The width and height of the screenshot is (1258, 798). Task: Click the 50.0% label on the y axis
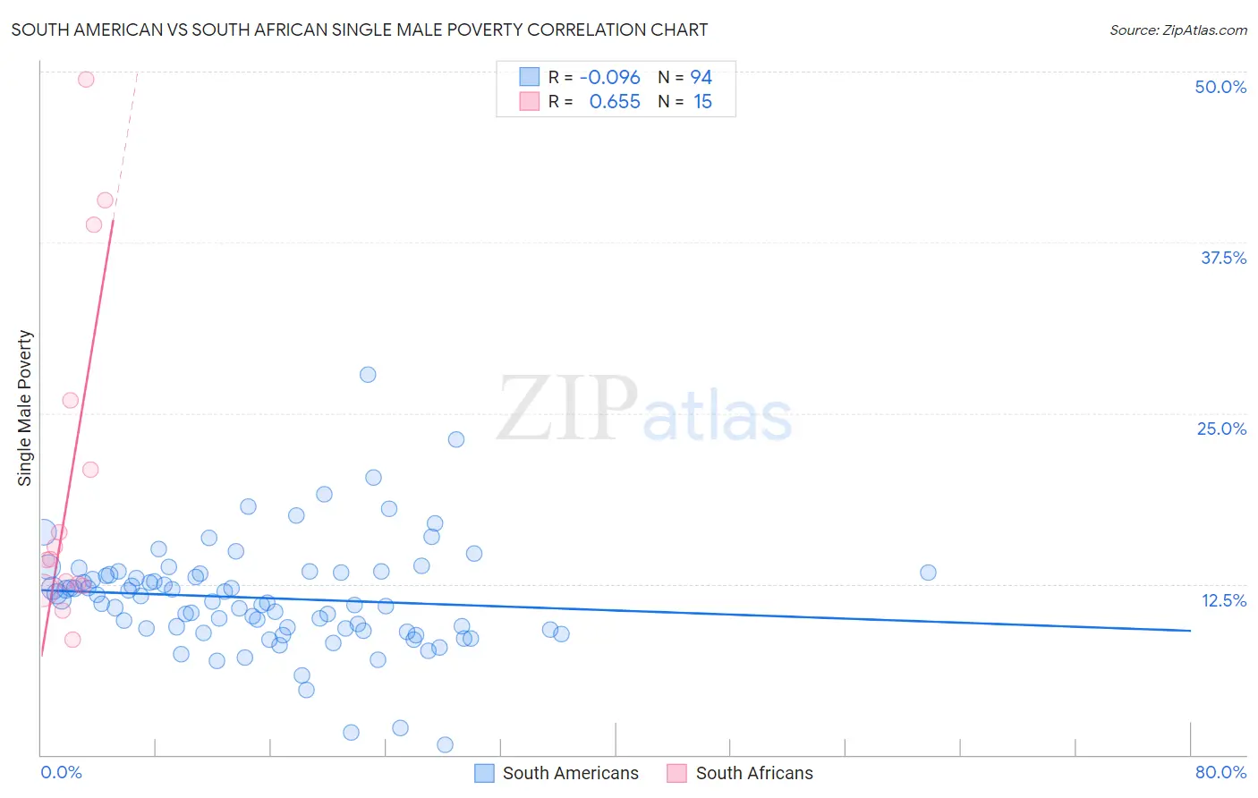tap(1220, 87)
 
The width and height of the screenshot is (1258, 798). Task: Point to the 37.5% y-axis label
tap(1223, 258)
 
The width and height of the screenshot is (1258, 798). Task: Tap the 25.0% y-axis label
tap(1221, 429)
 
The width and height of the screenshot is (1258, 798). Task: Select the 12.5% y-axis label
tap(1223, 600)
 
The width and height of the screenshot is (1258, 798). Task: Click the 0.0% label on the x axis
tap(61, 772)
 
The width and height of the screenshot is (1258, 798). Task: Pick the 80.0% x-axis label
tap(1220, 772)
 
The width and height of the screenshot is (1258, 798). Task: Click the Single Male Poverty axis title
tap(25, 408)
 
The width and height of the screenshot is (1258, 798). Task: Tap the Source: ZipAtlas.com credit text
tap(1177, 30)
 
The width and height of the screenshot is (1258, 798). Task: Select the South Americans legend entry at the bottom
tap(557, 773)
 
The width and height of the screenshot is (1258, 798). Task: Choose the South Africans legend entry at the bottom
tap(741, 773)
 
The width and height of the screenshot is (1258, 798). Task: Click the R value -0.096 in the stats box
tap(610, 78)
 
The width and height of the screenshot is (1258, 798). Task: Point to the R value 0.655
tap(615, 102)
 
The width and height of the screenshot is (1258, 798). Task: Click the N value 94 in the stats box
tap(701, 78)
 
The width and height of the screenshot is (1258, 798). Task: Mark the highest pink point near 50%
tap(86, 79)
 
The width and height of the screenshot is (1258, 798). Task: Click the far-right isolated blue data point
tap(928, 573)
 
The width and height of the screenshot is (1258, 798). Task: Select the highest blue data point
tap(368, 375)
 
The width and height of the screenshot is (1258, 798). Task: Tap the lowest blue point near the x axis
tap(445, 744)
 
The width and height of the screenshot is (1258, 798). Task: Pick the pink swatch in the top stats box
tap(530, 101)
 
